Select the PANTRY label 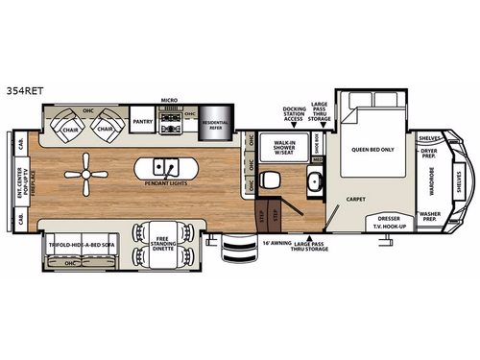pos(144,122)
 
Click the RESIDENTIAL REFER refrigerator pos(213,126)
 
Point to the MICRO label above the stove pos(169,99)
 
